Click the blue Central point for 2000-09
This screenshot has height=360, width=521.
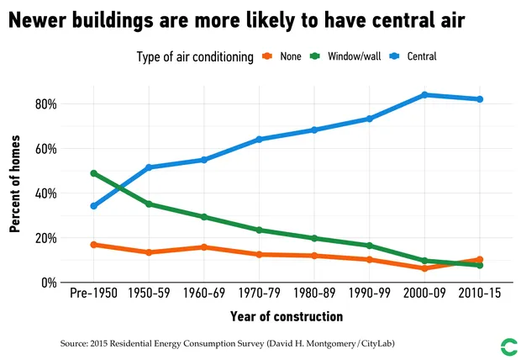(x=425, y=95)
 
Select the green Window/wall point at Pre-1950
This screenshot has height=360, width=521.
(x=93, y=173)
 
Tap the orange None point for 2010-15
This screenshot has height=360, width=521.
(x=480, y=260)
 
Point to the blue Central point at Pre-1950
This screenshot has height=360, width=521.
(x=93, y=206)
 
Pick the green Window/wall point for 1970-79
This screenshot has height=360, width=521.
(x=259, y=230)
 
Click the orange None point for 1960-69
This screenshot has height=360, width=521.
(x=204, y=247)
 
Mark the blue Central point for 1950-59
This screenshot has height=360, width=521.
(x=149, y=167)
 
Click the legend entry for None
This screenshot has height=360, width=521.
(x=276, y=56)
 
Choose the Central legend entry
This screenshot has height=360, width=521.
(x=413, y=56)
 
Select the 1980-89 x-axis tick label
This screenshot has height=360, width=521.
(x=314, y=294)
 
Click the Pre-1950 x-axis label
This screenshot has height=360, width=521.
(x=93, y=294)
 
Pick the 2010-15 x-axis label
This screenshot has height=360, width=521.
(x=480, y=294)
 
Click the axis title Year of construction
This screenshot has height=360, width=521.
(x=287, y=317)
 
